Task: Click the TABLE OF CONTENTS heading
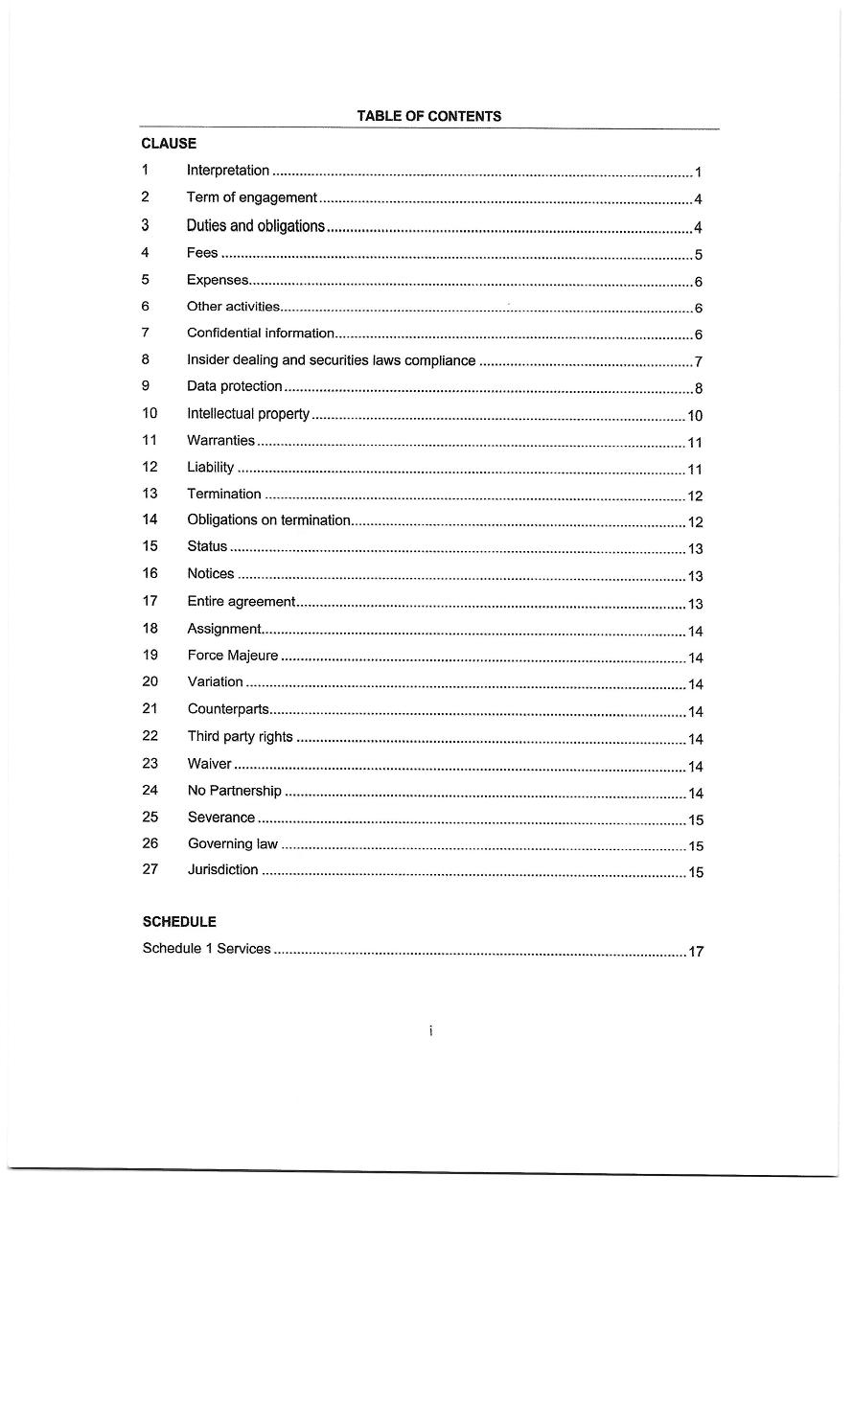428,116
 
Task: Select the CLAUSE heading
169,144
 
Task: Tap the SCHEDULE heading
179,922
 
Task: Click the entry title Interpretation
228,171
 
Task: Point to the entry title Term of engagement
251,197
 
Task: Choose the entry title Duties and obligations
256,226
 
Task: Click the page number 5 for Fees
699,255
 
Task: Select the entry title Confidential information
261,334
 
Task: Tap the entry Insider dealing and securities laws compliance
331,360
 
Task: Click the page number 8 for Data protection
699,389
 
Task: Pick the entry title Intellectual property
248,414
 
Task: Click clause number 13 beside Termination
149,494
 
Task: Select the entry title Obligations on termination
269,519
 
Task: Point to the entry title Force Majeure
233,656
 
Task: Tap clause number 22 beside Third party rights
150,736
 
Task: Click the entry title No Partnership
235,791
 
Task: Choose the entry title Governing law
233,843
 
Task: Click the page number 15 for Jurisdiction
696,872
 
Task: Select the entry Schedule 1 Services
206,949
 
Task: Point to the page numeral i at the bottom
431,1031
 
